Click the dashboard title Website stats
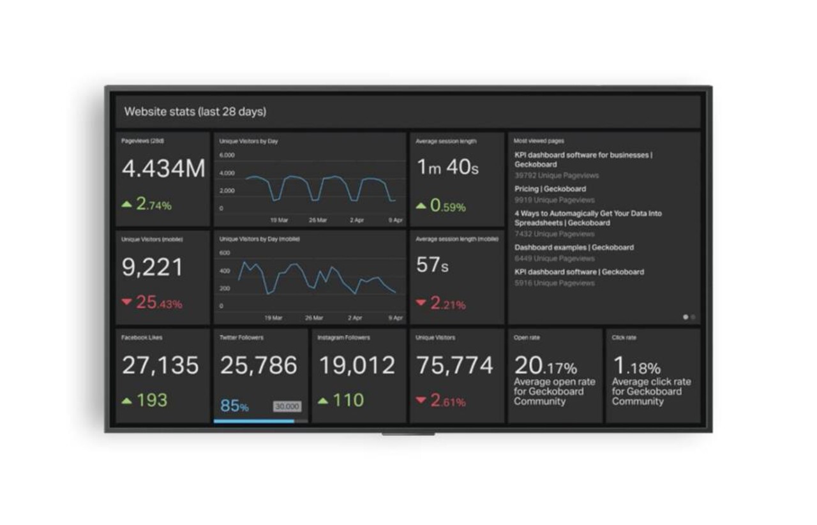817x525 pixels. tap(195, 112)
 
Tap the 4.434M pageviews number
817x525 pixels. tap(163, 168)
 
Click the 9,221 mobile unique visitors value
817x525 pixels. tap(153, 268)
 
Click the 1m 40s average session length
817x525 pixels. tap(447, 167)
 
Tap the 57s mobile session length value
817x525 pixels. tap(432, 265)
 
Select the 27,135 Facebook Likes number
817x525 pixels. tap(160, 366)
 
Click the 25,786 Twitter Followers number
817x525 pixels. tap(259, 366)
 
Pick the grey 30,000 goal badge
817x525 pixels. tap(287, 406)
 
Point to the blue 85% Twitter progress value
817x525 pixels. tap(234, 406)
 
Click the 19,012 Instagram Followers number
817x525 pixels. tap(357, 366)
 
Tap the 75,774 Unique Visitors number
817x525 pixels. tap(455, 366)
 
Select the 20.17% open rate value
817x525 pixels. tap(545, 366)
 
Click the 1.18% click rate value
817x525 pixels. tap(636, 366)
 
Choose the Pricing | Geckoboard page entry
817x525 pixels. tap(550, 189)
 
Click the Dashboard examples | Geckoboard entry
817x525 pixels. tap(574, 248)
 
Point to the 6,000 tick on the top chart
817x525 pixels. tap(227, 155)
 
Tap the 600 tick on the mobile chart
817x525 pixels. tap(224, 253)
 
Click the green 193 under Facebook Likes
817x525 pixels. tap(151, 401)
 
